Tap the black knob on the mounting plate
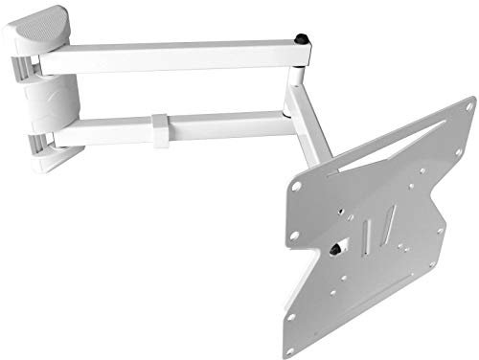[x=340, y=247]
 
